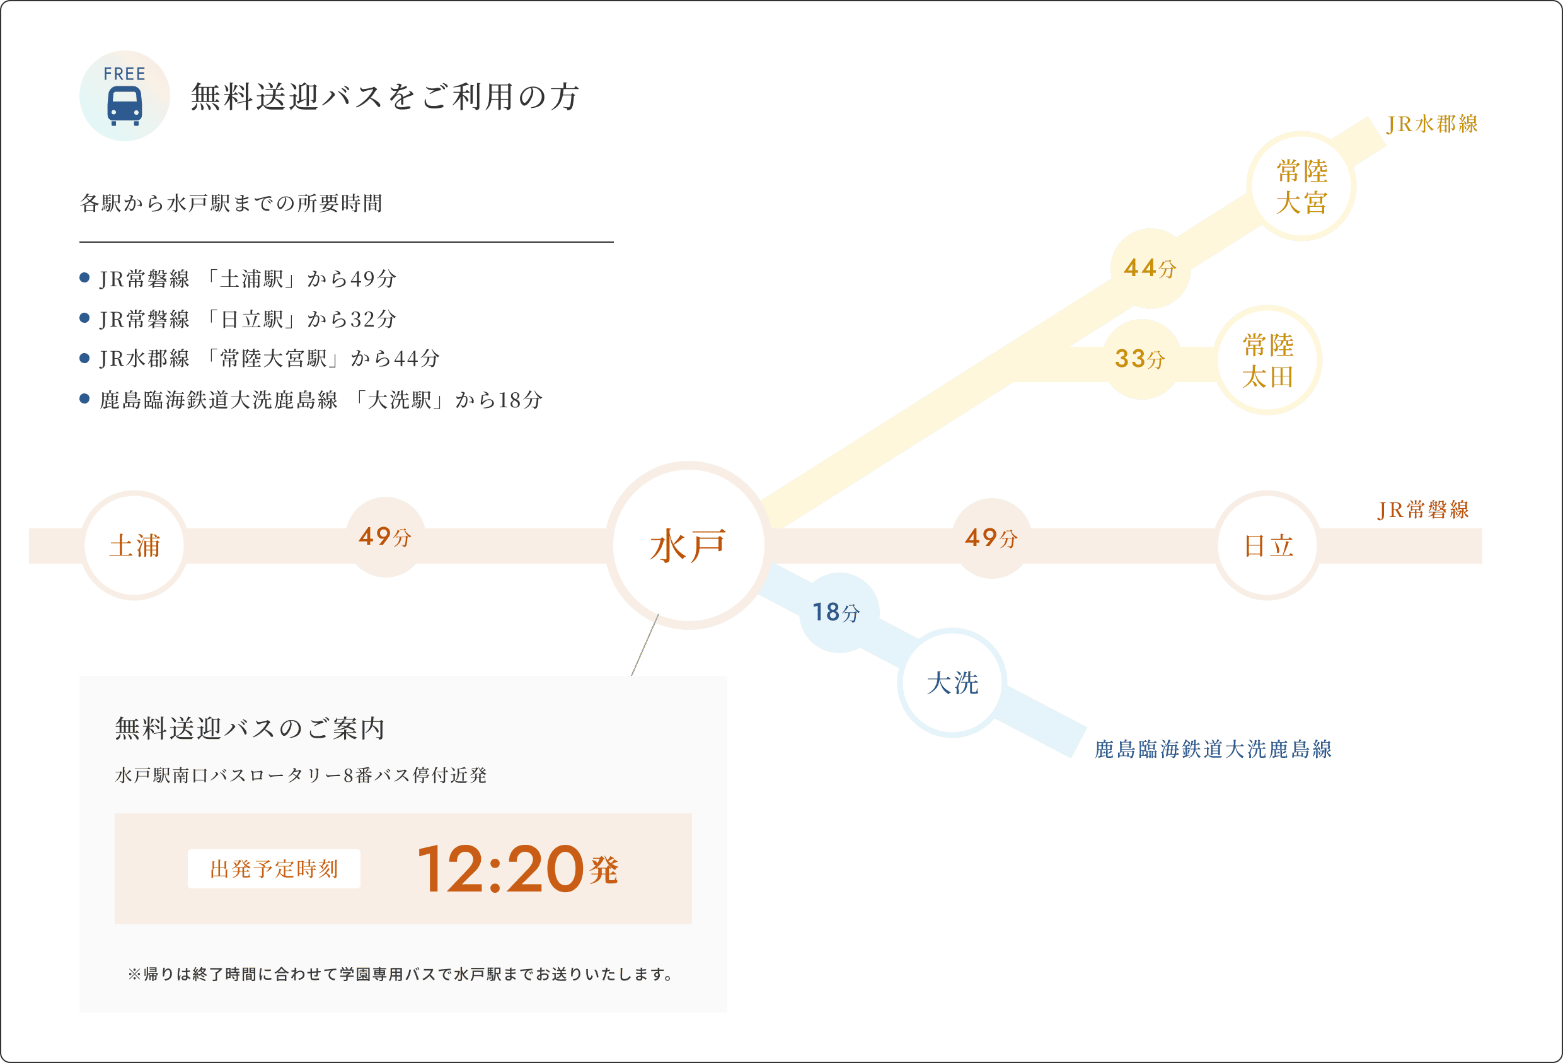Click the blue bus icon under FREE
coord(124,107)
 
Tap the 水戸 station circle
coord(688,545)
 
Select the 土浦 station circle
coord(134,545)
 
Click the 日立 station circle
coord(1268,545)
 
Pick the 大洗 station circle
coord(952,683)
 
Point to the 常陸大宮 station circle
coord(1301,187)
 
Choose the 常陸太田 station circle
coord(1269,361)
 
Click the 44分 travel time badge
coord(1150,269)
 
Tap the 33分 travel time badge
coord(1141,359)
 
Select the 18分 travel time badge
coord(838,612)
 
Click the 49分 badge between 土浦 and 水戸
coord(385,537)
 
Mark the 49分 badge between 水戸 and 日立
coord(991,538)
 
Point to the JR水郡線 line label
coord(1432,124)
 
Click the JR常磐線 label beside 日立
coord(1423,509)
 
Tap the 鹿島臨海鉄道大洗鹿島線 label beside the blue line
coord(1213,749)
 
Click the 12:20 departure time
coord(500,869)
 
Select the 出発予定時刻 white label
coord(274,869)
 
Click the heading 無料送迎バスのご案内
coord(250,729)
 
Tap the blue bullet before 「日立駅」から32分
coord(84,318)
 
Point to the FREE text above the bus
coord(124,74)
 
